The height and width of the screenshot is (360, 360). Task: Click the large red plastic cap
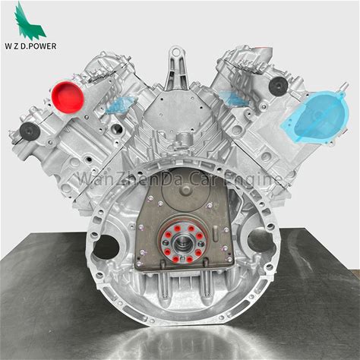coord(68,97)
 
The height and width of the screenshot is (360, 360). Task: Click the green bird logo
coord(30,21)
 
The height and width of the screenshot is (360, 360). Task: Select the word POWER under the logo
coord(43,46)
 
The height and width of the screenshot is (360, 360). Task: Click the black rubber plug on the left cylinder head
coord(30,131)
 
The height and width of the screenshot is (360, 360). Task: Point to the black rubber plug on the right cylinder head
coord(278,87)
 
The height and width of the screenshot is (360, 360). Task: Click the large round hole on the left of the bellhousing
coord(106,247)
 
